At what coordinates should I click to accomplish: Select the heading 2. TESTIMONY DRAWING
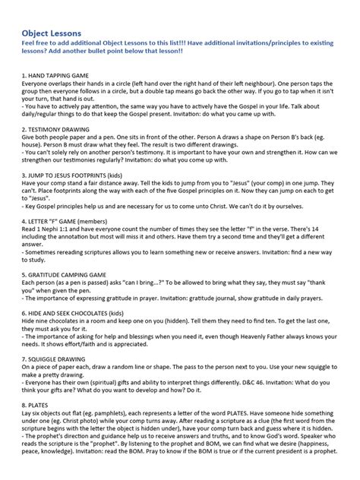click(57, 131)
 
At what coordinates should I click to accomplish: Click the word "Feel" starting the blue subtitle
click(28, 46)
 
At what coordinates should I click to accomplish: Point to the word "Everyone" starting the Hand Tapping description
click(36, 86)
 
